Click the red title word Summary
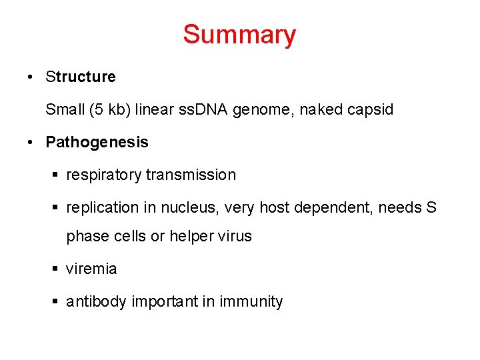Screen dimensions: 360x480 239,35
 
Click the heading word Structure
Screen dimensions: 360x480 81,77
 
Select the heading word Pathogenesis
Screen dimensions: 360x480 97,142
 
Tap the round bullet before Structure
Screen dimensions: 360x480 31,77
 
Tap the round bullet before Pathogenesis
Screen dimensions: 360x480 31,143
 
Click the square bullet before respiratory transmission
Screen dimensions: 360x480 56,175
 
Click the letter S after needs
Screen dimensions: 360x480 431,207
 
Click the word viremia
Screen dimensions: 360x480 91,269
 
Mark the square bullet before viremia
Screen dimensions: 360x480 56,269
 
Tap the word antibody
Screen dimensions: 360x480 97,302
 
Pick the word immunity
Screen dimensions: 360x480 252,302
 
